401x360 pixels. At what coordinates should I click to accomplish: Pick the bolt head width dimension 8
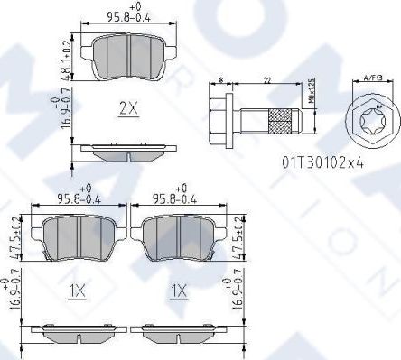pos(222,82)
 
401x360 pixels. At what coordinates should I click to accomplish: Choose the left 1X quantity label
pos(78,291)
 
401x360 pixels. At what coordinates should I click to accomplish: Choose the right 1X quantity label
pos(178,291)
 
